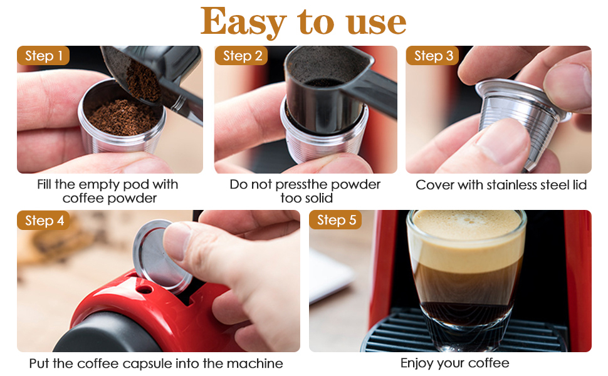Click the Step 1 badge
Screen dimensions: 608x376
pos(43,56)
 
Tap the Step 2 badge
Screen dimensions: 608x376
pos(241,56)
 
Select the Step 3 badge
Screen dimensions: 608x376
pos(432,56)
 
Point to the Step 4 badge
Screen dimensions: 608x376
pos(43,221)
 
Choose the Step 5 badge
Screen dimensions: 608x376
pos(335,220)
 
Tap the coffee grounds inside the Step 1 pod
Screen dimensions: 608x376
pos(122,117)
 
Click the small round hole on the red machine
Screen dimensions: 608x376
pos(144,289)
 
